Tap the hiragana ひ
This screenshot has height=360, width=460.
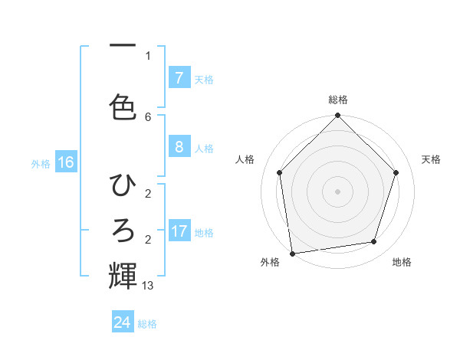(x=123, y=185)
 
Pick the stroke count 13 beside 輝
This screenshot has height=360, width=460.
(x=148, y=286)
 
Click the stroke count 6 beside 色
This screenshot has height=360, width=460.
(x=148, y=116)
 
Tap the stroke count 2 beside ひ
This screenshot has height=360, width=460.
(x=148, y=193)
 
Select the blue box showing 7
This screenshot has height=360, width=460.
(x=179, y=77)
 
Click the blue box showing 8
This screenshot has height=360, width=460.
(x=179, y=147)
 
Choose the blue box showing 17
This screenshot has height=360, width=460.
(x=179, y=231)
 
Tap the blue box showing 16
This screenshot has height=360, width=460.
(x=66, y=162)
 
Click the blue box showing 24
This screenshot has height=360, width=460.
(x=123, y=322)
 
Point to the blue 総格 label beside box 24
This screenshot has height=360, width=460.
(x=147, y=324)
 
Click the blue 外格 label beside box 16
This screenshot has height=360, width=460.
(x=40, y=164)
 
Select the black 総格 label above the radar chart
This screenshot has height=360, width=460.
(x=337, y=100)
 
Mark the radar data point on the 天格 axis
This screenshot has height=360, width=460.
(x=396, y=172)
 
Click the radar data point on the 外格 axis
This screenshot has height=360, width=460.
(x=292, y=253)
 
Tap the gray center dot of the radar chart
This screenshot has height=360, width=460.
(x=337, y=191)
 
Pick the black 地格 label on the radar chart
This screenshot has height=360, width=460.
(x=402, y=262)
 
